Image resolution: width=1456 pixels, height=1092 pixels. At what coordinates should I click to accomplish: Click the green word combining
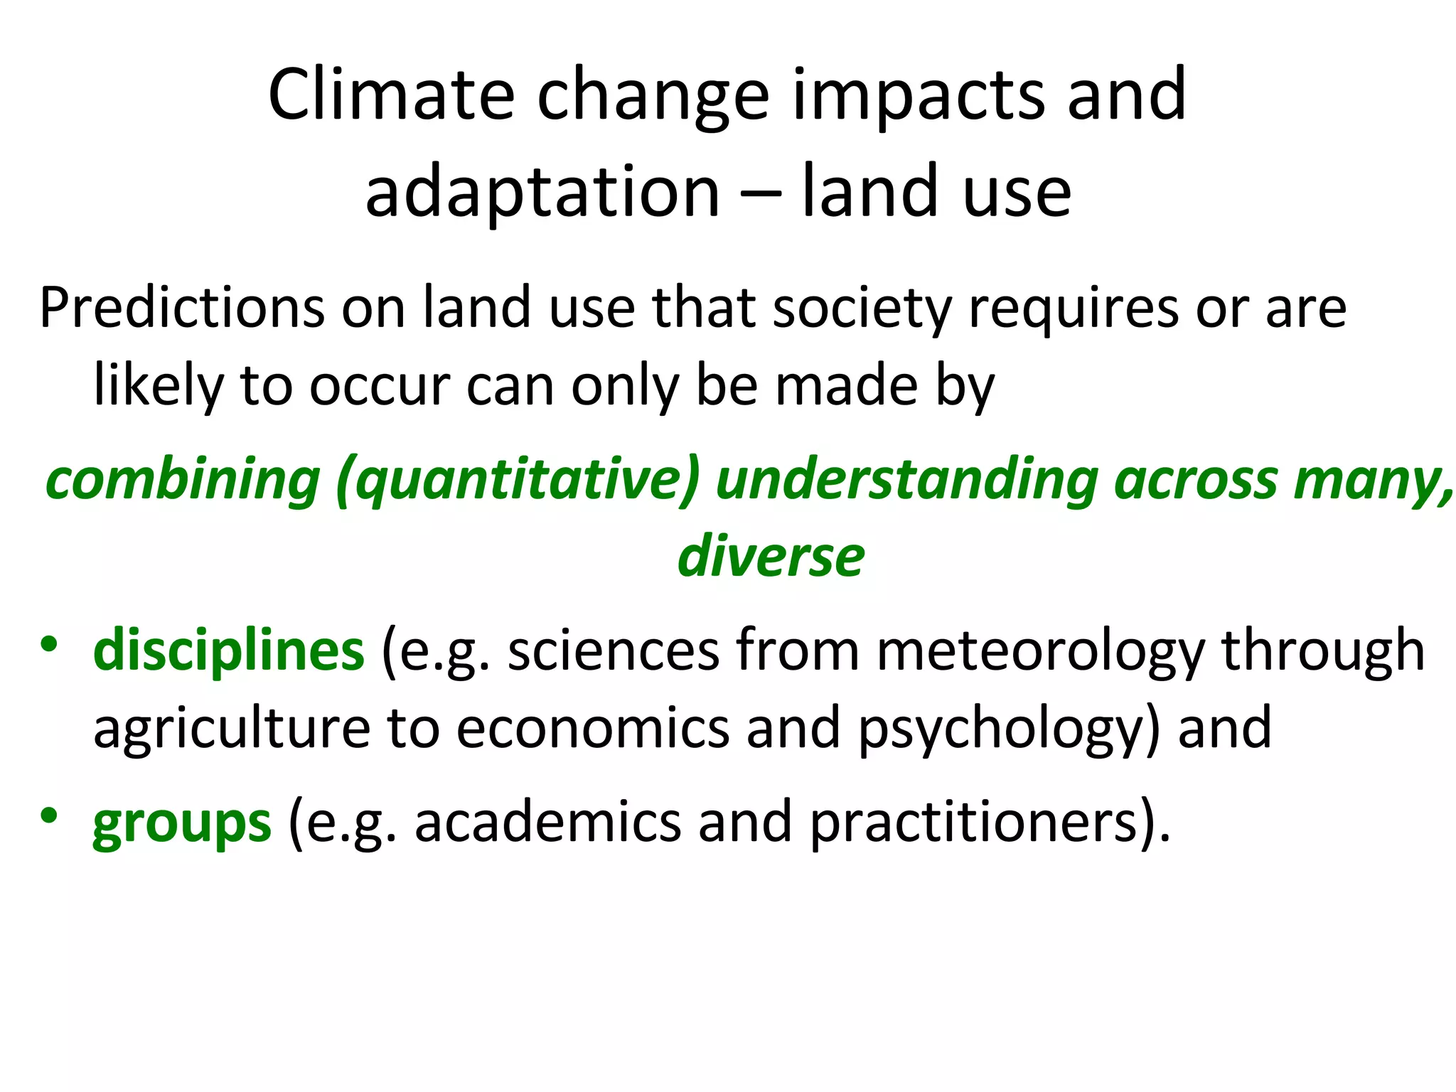pyautogui.click(x=183, y=480)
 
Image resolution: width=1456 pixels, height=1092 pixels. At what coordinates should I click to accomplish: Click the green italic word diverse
pyautogui.click(x=771, y=556)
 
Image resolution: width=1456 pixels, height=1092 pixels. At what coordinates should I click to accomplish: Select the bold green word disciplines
pyautogui.click(x=228, y=650)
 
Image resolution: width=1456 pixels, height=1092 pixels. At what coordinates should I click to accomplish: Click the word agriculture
pyautogui.click(x=232, y=728)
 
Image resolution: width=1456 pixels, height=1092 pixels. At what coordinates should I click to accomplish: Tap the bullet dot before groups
pyautogui.click(x=49, y=816)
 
